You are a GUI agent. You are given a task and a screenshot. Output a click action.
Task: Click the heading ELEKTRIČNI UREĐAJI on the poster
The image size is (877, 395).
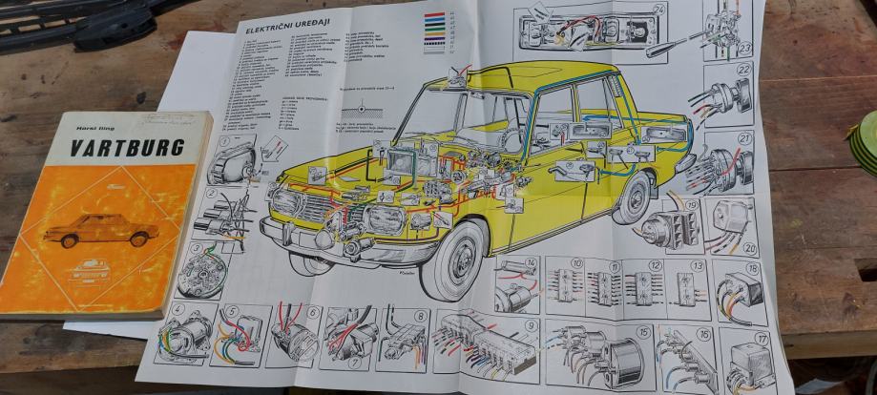pos(287,30)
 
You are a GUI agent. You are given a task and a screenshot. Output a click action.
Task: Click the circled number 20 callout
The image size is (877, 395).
pos(749,249)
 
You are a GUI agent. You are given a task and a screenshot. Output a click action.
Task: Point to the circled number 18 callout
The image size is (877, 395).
pos(753,269)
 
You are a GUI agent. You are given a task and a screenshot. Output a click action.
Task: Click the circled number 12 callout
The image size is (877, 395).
pos(654,264)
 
